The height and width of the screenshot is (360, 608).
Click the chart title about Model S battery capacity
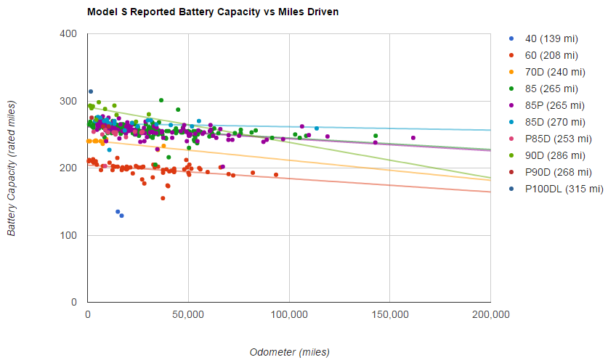tap(212, 12)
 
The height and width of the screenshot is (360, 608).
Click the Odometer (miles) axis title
tap(289, 352)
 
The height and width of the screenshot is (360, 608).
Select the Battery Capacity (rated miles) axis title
tap(12, 168)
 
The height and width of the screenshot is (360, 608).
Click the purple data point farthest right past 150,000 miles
tap(413, 138)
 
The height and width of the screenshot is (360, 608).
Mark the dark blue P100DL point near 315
tap(91, 91)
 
